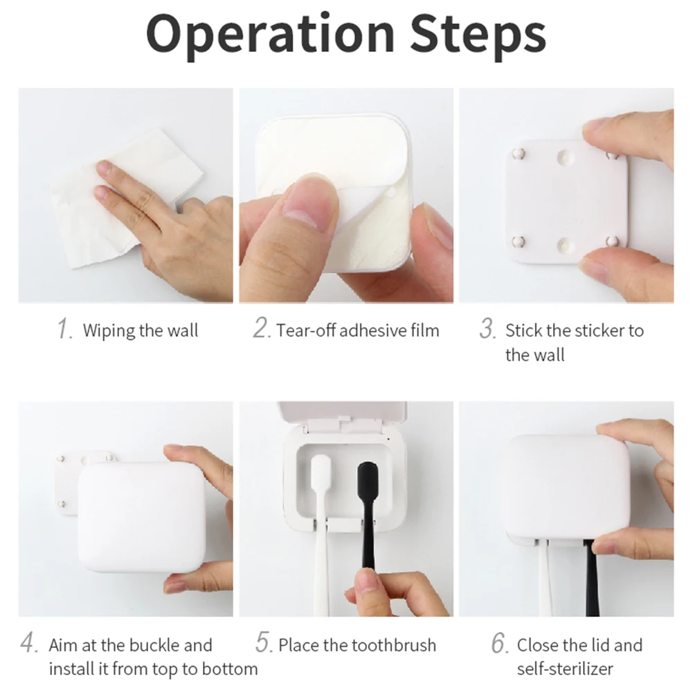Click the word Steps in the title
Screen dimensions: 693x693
click(x=478, y=35)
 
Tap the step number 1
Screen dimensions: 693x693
click(x=64, y=330)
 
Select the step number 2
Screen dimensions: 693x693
click(x=261, y=329)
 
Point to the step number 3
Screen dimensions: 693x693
click(x=487, y=330)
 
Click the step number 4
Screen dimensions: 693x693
click(x=28, y=645)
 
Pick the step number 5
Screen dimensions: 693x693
click(x=264, y=643)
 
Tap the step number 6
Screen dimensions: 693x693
click(x=500, y=644)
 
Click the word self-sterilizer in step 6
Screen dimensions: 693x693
click(x=565, y=669)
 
